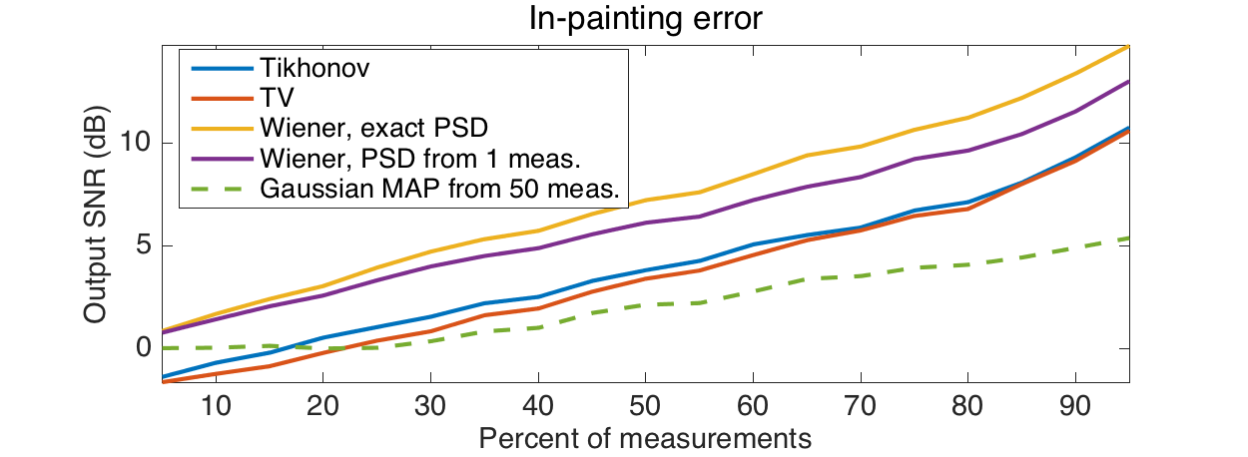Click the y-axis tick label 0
click(143, 348)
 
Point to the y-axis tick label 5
click(143, 245)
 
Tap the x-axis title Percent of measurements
click(645, 437)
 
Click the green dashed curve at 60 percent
click(754, 290)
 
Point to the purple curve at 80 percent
click(968, 151)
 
